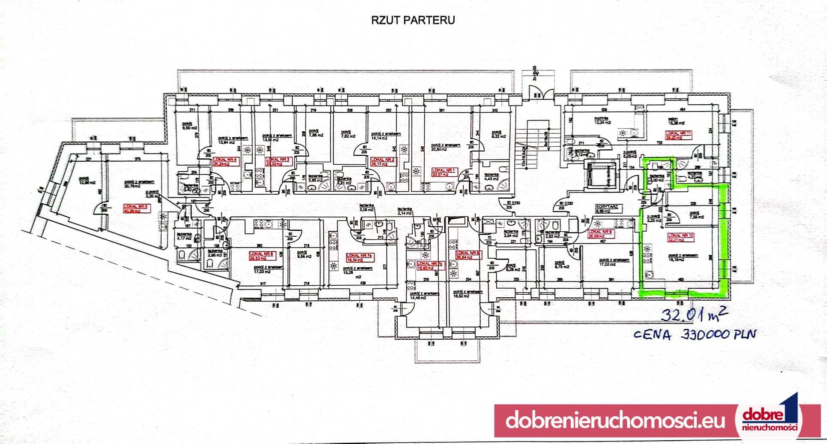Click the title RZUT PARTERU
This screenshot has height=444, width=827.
click(x=412, y=20)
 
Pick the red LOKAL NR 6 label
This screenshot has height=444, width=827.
click(x=261, y=255)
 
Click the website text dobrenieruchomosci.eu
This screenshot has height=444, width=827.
click(x=615, y=420)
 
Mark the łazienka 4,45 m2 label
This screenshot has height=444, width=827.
click(x=492, y=177)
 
